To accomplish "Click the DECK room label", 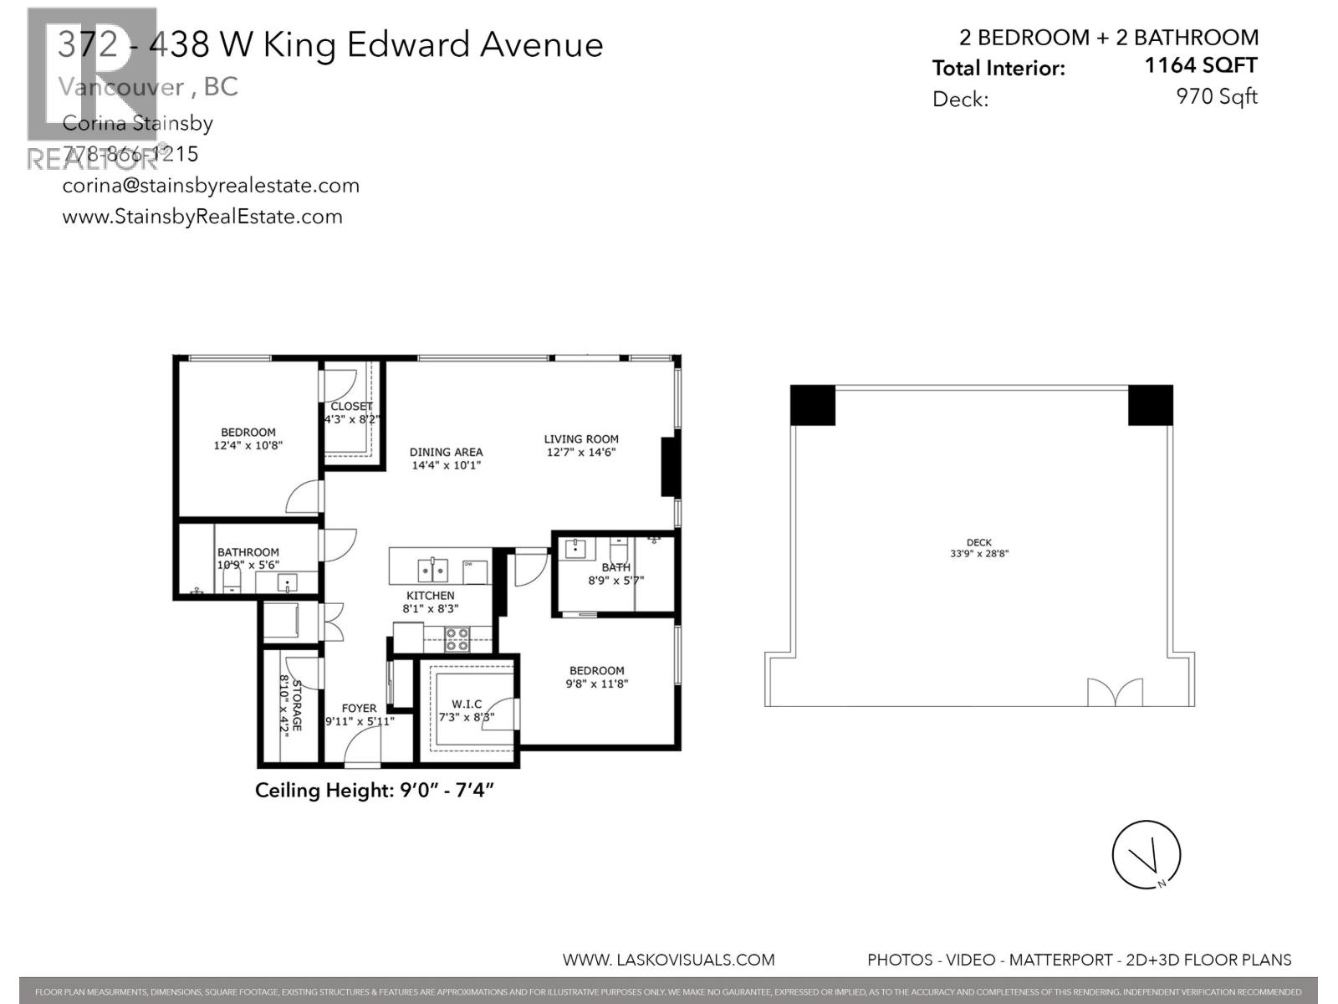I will [978, 542].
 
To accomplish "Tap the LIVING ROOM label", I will [581, 438].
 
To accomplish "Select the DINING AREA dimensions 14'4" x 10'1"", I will [446, 465].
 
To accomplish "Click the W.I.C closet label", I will [467, 704].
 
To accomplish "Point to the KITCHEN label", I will [430, 596].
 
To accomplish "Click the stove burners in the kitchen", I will [457, 640].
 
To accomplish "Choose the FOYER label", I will [359, 708].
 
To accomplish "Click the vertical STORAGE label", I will [296, 704].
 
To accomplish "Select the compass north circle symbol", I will [1146, 854].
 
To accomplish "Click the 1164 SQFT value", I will [1200, 65].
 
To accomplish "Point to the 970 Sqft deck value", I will [1216, 96].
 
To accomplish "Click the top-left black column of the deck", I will [812, 405].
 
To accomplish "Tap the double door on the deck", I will [1115, 692].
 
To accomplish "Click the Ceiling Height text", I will [375, 790].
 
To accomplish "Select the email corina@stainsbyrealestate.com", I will [211, 185].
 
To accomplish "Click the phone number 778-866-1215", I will [130, 154].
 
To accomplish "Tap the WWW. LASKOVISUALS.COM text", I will [668, 960].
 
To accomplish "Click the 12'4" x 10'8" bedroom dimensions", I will [248, 446].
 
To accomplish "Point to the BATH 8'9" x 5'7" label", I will [616, 574].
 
